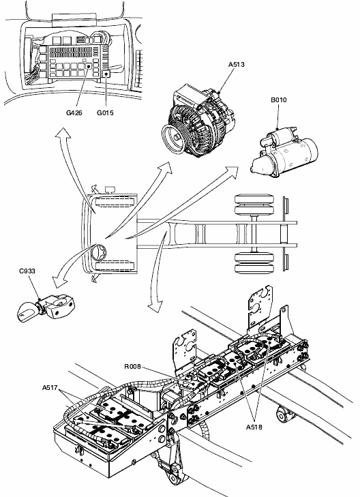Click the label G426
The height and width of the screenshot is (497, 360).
coord(74,113)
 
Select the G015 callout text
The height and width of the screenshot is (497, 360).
coord(105,113)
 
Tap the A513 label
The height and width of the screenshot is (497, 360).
coord(237,64)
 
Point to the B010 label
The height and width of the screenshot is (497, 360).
coord(279,100)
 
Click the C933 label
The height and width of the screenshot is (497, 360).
coord(27,271)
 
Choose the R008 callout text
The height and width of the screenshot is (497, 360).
coord(132,366)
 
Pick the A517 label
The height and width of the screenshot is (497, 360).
coord(50,387)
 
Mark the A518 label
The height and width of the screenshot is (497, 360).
coord(254,427)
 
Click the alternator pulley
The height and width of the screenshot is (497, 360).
coord(176,138)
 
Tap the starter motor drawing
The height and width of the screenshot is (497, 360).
coord(284,151)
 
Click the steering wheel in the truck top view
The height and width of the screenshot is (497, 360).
coord(99,254)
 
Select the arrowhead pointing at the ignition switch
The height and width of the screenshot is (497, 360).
coord(58,282)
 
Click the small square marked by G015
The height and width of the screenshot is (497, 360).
coord(106,74)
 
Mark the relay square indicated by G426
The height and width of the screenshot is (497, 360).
coord(89,66)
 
